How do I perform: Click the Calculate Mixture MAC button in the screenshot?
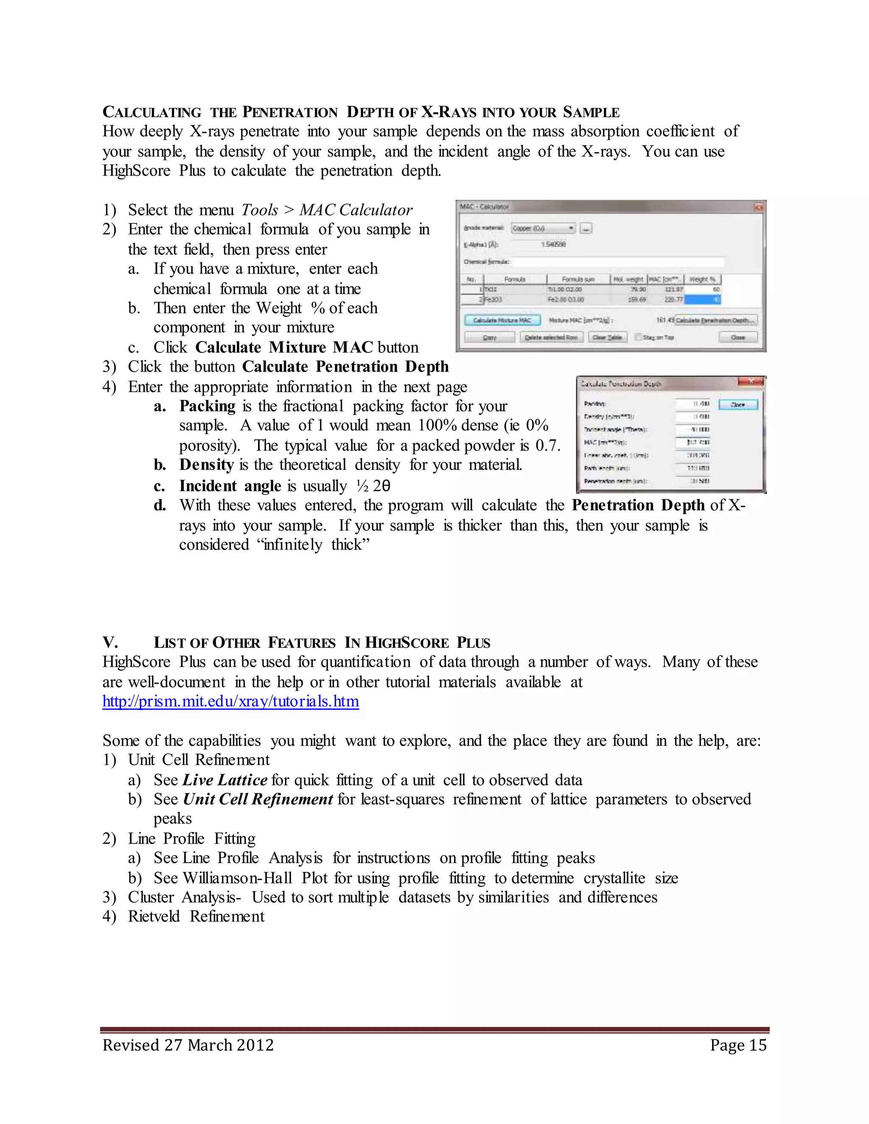pos(502,320)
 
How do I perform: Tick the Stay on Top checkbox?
pos(638,337)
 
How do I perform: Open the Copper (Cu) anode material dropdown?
pos(544,228)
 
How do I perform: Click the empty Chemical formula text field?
pos(618,262)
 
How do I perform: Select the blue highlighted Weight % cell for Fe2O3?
pos(702,299)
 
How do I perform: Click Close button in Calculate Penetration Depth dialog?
pos(738,405)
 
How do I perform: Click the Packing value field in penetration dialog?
pos(693,404)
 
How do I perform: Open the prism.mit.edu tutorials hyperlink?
pos(231,702)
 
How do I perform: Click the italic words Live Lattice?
pos(225,780)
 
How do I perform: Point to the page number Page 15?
pos(738,1045)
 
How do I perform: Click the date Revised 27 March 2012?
pos(188,1045)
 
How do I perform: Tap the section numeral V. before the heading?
pos(110,642)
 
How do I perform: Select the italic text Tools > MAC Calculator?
pos(327,210)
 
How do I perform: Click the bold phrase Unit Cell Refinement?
pos(258,799)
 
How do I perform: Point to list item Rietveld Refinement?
pos(196,917)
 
